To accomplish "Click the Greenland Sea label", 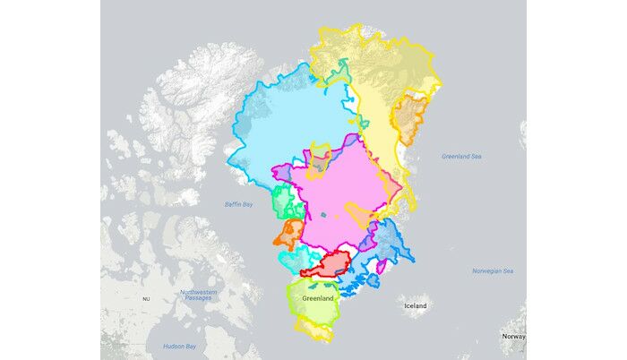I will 461,157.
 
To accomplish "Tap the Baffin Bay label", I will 239,205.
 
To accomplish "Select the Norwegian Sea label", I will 493,270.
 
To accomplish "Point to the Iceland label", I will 416,306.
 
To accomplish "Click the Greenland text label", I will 318,297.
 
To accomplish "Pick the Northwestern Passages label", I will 198,295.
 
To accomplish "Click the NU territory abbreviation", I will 146,297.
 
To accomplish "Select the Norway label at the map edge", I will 513,337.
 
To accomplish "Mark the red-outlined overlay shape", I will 331,265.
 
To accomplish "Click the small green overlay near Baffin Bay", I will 286,201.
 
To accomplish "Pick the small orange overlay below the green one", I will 289,235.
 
